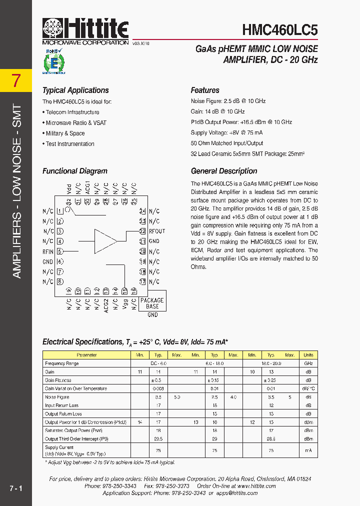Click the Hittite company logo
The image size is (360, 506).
click(85, 31)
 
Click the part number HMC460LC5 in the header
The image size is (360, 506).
click(279, 30)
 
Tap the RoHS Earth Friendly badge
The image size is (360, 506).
click(52, 61)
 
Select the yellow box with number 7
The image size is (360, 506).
click(16, 80)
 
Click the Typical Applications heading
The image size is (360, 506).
click(75, 90)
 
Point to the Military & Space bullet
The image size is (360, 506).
click(65, 133)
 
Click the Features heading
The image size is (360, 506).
click(205, 90)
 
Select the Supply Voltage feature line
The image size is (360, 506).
click(226, 133)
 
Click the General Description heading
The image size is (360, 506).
click(224, 171)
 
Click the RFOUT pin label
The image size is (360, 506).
click(157, 231)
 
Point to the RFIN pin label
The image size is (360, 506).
click(48, 251)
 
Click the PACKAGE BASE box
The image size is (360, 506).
click(152, 303)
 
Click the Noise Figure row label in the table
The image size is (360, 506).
click(57, 397)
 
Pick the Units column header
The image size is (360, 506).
click(308, 355)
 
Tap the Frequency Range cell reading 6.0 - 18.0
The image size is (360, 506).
click(214, 363)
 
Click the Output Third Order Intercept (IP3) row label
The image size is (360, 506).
click(76, 439)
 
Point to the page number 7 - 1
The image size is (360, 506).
click(15, 487)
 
